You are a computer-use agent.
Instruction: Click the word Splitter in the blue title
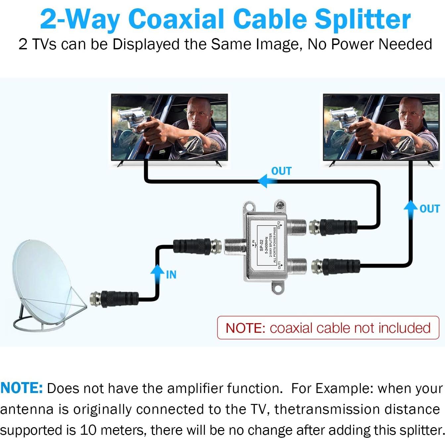click(x=363, y=19)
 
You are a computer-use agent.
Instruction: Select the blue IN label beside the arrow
click(x=171, y=275)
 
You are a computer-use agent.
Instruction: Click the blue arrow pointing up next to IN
click(x=157, y=272)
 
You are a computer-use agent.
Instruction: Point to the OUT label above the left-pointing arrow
click(x=281, y=171)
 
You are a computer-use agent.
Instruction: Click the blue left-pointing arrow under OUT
click(x=266, y=181)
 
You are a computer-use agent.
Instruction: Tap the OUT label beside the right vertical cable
click(x=430, y=209)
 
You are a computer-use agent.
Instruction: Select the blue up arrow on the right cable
click(x=411, y=209)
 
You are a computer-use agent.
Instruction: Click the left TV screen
click(x=170, y=127)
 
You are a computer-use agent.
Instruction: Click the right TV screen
click(x=381, y=127)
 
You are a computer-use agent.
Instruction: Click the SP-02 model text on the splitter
click(x=261, y=245)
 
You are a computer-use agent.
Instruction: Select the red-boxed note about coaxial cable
click(x=328, y=328)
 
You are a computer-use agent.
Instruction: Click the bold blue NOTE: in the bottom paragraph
click(x=22, y=388)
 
